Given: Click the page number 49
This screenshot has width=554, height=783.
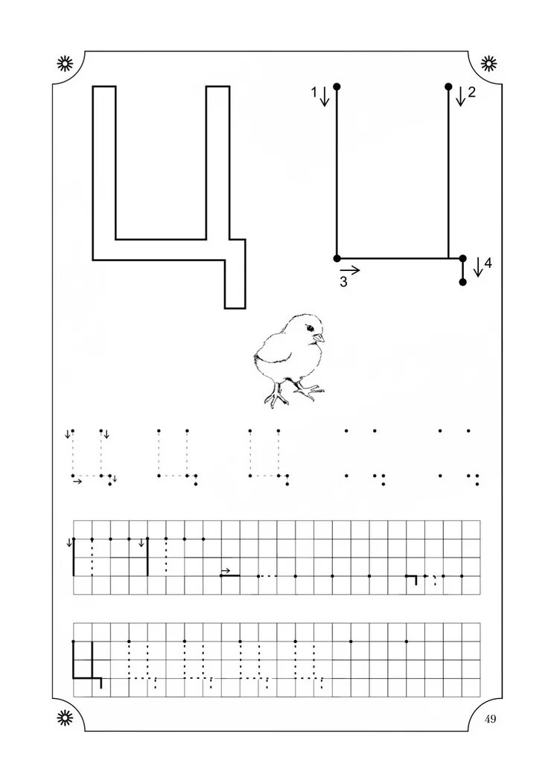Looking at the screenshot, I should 490,718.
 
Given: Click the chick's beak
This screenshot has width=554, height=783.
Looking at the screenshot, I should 320,338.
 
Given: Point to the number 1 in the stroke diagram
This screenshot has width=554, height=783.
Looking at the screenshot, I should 315,92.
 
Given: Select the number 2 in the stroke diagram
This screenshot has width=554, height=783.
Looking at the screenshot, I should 471,93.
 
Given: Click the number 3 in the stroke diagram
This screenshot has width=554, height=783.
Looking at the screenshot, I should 343,282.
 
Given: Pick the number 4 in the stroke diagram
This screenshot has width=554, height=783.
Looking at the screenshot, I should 488,262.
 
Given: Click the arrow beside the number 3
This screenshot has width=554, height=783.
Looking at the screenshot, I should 351,270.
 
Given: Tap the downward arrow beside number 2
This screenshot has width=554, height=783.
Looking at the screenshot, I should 460,96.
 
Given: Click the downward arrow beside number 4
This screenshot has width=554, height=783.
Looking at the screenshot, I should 477,267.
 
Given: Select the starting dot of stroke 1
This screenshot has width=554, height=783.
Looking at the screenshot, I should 337,87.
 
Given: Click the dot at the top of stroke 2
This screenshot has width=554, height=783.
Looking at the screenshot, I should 448,87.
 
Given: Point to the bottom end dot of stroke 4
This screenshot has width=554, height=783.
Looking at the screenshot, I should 462,283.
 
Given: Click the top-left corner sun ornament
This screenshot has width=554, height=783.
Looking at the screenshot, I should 66,63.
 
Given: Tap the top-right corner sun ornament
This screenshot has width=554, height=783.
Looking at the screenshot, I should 489,63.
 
